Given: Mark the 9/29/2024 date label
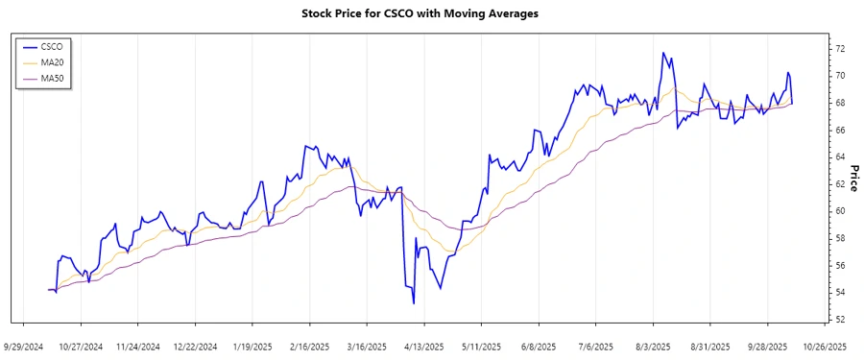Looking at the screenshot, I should click(x=25, y=346).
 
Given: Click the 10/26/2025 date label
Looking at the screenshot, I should click(x=824, y=346).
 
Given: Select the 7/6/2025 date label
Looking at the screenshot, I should click(x=595, y=346).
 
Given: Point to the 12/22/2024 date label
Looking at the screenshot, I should click(x=196, y=346).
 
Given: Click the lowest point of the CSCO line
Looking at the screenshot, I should click(x=414, y=303).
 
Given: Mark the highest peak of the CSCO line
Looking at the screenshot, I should click(x=662, y=53).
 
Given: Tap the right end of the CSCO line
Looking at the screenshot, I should click(x=792, y=103).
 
